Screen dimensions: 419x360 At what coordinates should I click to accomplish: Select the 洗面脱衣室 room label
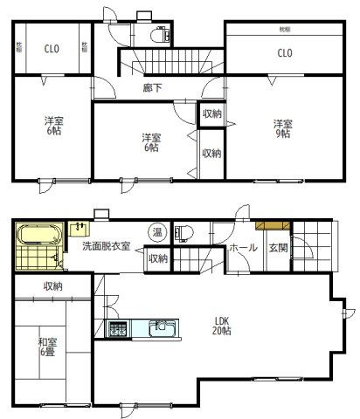(x=106, y=247)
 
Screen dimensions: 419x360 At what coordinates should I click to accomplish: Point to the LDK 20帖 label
(x=223, y=325)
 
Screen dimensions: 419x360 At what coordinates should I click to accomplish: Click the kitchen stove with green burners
(x=117, y=329)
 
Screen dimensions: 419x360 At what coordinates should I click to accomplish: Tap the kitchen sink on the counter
(x=163, y=328)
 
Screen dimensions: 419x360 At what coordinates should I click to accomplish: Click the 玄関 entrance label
(x=278, y=247)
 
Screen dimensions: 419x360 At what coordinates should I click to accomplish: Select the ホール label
(x=242, y=248)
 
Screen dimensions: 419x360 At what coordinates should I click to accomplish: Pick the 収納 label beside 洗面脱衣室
(x=158, y=258)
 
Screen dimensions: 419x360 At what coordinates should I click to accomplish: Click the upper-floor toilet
(x=159, y=36)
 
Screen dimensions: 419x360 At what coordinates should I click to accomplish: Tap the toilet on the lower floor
(x=183, y=232)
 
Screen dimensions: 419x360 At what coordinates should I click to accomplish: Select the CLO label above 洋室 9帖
(x=284, y=53)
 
